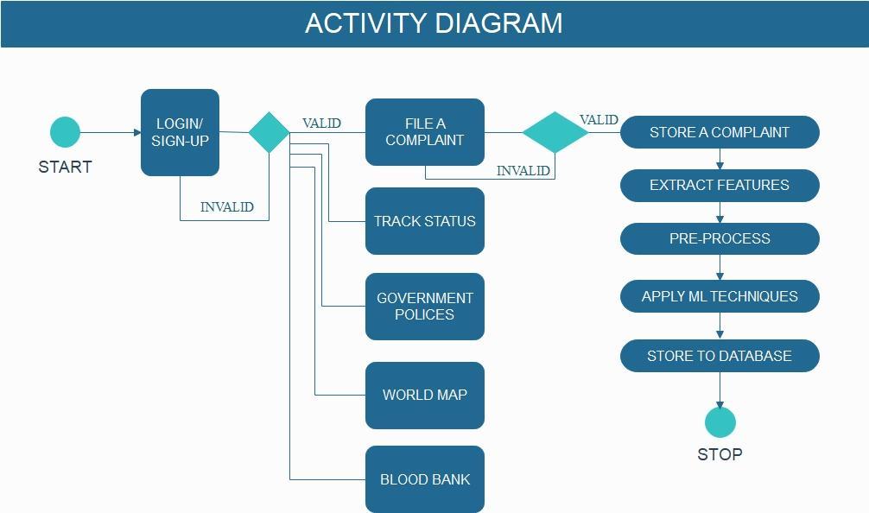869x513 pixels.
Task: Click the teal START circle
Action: [65, 132]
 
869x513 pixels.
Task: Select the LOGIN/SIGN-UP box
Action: [180, 132]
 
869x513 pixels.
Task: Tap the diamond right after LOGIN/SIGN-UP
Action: [270, 132]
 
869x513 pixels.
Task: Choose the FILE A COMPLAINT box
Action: [424, 132]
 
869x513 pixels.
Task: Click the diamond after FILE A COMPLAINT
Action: [555, 132]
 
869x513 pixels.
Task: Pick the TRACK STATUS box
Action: [424, 221]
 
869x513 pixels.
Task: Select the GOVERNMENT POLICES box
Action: [424, 307]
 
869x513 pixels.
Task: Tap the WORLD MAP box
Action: [424, 395]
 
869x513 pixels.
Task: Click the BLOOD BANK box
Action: [424, 479]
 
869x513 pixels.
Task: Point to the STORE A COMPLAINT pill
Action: [719, 132]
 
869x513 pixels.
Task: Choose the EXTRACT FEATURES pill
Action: [719, 185]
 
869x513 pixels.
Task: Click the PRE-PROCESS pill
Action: [719, 238]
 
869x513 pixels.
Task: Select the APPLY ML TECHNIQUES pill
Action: [719, 296]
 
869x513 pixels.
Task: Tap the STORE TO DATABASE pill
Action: [719, 356]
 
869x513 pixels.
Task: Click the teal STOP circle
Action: [720, 423]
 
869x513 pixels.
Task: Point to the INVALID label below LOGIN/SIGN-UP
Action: [227, 207]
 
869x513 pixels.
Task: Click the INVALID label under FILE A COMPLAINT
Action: [523, 171]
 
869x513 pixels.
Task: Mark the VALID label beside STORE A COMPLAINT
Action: [599, 120]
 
